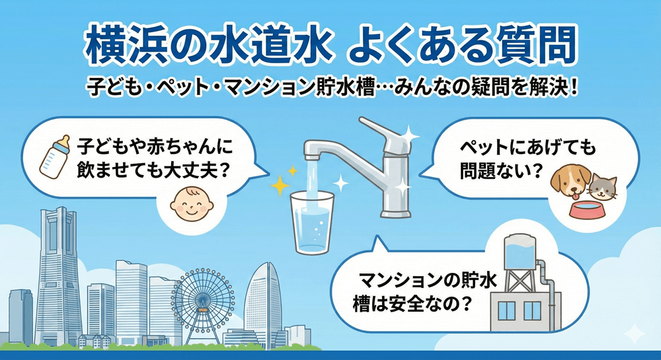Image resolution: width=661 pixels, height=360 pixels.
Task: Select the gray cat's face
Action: pyautogui.click(x=603, y=188)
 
